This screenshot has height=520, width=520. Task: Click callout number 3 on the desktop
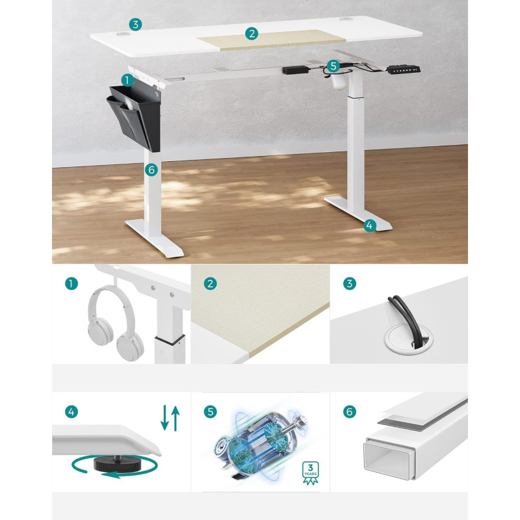135,25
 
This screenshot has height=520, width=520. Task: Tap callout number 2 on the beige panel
252,34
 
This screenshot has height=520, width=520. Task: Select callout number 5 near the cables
333,66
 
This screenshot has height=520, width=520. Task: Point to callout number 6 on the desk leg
151,170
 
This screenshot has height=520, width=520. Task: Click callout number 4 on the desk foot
370,226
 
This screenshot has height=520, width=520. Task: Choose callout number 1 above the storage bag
127,80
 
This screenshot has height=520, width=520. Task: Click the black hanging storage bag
135,117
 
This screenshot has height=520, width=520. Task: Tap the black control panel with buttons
404,70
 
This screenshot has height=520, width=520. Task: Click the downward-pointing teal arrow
164,417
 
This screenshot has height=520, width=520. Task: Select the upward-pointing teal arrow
175,419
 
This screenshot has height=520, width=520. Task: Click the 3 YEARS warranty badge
311,473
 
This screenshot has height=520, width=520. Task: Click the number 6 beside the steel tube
349,412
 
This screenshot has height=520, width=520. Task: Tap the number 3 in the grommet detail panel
349,283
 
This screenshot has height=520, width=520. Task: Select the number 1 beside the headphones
71,283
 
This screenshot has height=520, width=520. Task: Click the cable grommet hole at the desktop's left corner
123,34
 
